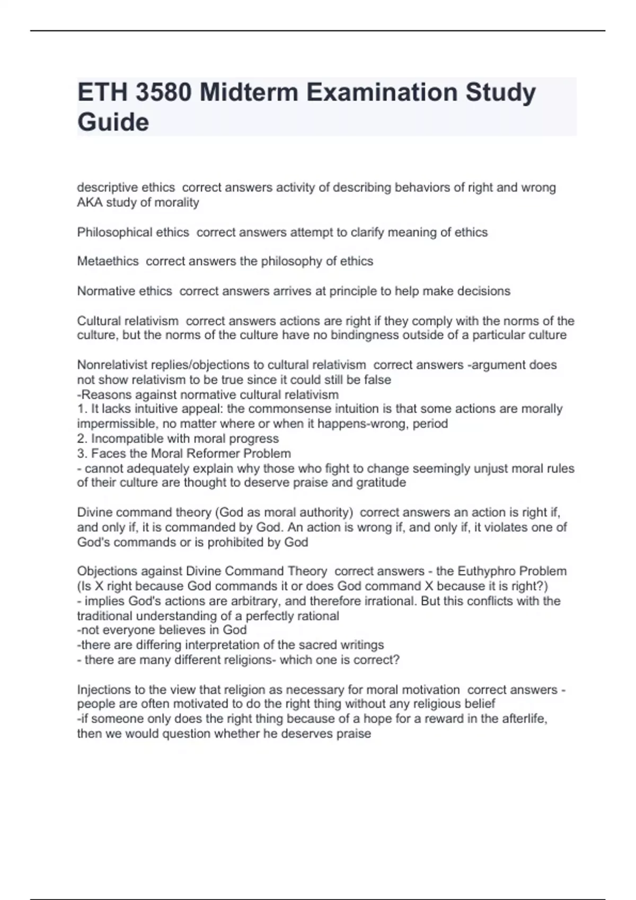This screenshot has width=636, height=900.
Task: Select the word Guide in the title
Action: click(113, 122)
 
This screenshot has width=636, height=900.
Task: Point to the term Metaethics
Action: click(108, 261)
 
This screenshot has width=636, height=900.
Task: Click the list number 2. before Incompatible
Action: click(82, 438)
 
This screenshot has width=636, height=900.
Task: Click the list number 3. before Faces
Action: click(82, 453)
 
